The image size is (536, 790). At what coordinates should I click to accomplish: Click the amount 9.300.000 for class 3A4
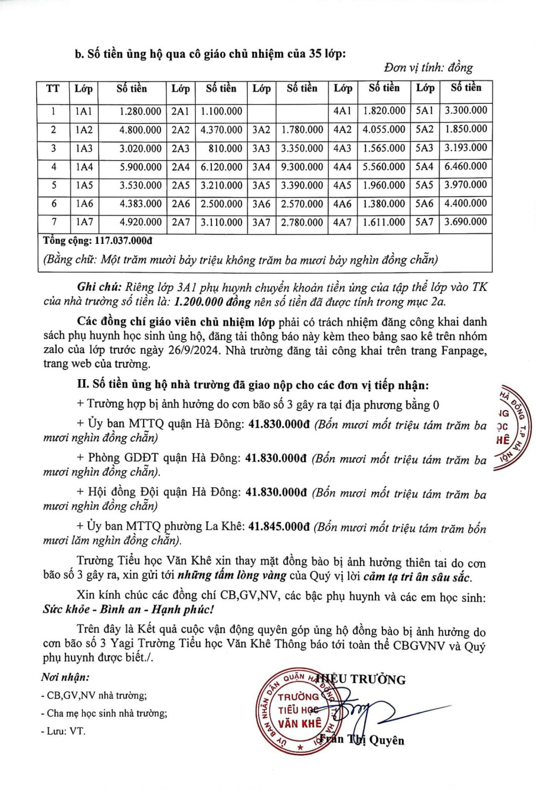(x=302, y=167)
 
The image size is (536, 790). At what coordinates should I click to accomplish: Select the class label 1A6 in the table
(x=84, y=204)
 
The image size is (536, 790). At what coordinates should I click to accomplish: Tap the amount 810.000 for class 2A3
(x=225, y=149)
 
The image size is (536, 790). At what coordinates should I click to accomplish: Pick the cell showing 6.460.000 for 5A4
(x=466, y=166)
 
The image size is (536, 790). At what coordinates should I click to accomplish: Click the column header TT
(x=53, y=88)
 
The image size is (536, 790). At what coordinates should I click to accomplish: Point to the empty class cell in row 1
(x=261, y=111)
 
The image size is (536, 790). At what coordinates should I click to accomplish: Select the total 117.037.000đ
(x=123, y=241)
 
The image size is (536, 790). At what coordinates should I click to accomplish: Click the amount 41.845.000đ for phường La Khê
(x=279, y=526)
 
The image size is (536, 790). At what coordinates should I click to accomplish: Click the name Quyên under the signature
(x=387, y=740)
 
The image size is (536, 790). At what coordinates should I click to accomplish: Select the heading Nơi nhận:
(x=65, y=677)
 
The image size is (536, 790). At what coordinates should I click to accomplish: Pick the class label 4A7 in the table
(x=342, y=222)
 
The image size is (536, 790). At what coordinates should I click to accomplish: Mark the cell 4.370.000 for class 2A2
(x=221, y=130)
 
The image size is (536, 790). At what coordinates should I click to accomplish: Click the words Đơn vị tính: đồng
(x=428, y=68)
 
